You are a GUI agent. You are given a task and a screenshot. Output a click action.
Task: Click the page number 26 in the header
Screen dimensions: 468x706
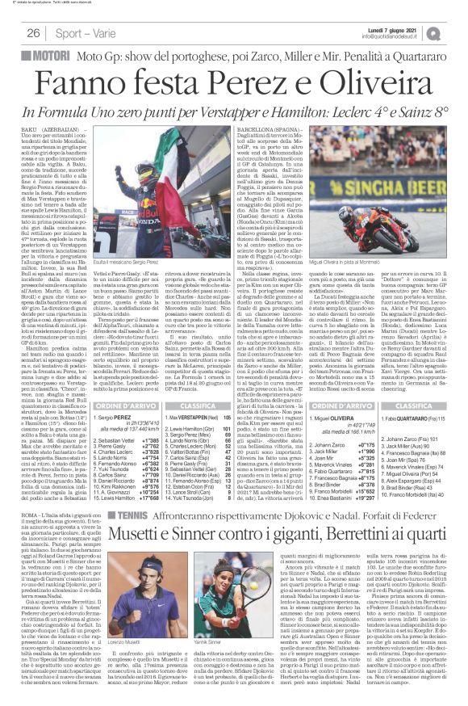coord(34,33)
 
